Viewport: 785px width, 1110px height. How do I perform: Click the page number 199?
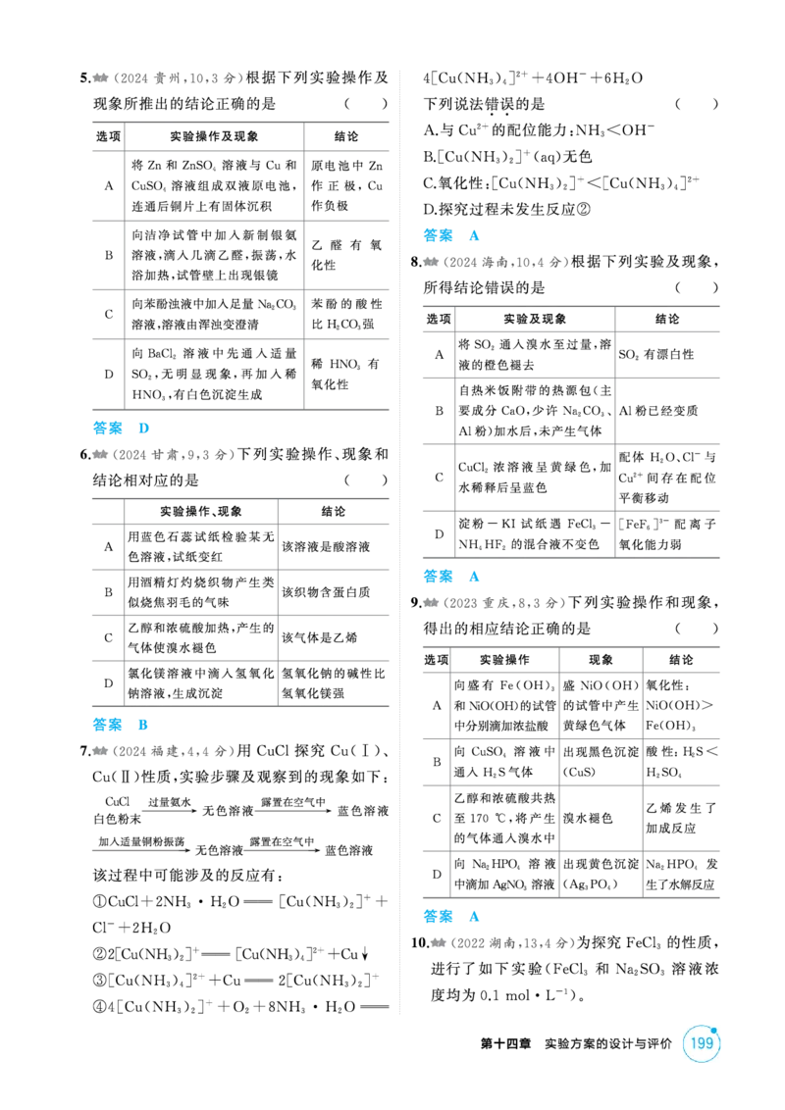point(701,1042)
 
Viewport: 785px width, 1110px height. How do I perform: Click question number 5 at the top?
point(84,77)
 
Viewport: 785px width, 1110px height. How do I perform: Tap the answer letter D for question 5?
point(144,429)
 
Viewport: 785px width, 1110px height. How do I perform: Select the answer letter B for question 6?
point(143,725)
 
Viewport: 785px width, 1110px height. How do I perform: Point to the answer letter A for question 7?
point(474,235)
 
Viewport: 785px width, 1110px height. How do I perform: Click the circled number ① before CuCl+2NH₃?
point(99,902)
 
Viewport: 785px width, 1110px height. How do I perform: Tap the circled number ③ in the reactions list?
point(99,981)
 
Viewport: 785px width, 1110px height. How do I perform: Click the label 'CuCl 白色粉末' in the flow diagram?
point(117,811)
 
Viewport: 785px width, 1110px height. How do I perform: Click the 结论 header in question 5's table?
point(346,136)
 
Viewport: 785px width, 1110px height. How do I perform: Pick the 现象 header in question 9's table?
point(601,660)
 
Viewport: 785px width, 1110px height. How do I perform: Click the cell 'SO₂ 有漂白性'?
point(656,355)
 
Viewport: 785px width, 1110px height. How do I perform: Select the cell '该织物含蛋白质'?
point(326,592)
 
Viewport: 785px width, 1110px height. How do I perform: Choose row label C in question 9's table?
point(437,819)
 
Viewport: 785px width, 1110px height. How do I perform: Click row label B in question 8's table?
point(440,411)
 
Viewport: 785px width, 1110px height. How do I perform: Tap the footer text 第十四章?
point(505,1044)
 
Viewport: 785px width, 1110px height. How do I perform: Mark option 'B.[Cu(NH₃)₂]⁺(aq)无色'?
point(507,157)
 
